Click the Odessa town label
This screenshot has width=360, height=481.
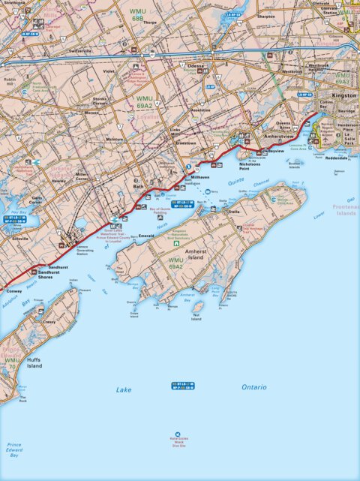pyautogui.click(x=196, y=65)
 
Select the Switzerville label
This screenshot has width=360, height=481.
pyautogui.click(x=80, y=51)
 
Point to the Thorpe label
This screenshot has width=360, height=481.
pyautogui.click(x=150, y=22)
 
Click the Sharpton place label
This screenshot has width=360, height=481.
pyautogui.click(x=265, y=16)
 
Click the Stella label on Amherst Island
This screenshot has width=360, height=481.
pyautogui.click(x=234, y=212)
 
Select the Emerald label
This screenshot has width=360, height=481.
pyautogui.click(x=147, y=236)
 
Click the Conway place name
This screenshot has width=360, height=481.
pyautogui.click(x=14, y=291)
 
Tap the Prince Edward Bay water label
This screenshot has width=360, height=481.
pyautogui.click(x=13, y=449)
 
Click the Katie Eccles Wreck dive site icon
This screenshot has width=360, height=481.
pyautogui.click(x=178, y=434)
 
